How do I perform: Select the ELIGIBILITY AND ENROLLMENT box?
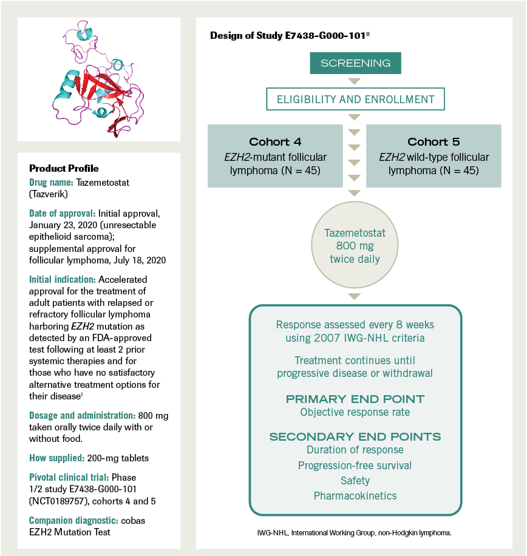355,99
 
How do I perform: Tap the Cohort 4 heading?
275,142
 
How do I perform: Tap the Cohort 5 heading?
433,142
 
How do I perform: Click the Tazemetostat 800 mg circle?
355,246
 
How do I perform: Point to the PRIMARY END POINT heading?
355,399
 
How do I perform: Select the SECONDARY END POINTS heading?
355,437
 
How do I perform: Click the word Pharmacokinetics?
355,496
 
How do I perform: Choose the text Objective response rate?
355,412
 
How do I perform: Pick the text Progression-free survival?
355,466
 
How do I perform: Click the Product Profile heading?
64,168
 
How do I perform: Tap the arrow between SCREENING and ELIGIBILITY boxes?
355,81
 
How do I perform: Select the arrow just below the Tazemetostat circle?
355,296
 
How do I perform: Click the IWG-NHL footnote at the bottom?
355,532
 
